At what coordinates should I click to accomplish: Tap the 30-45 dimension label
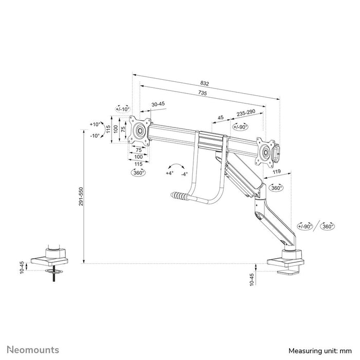point(158,104)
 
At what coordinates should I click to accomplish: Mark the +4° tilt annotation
point(169,173)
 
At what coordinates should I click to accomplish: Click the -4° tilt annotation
point(184,173)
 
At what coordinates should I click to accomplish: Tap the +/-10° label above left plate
point(123,109)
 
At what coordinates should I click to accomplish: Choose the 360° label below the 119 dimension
point(277,189)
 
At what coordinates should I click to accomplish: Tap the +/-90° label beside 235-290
point(240,127)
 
